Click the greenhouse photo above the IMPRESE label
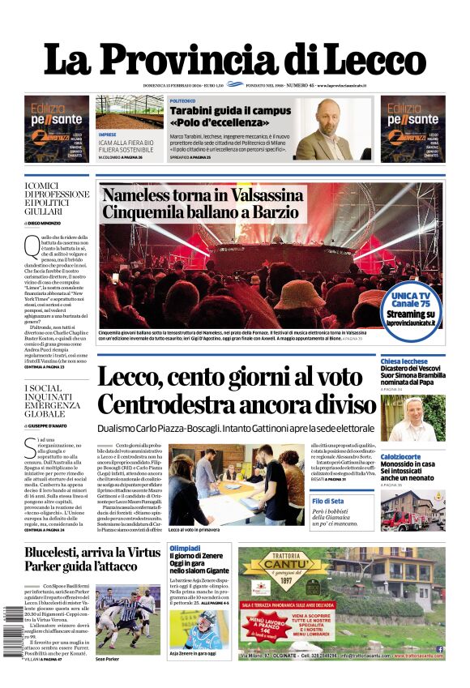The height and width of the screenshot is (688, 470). pos(128,112)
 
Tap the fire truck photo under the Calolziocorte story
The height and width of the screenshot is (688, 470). pos(412,510)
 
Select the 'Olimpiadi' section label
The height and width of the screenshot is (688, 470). pos(184,549)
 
